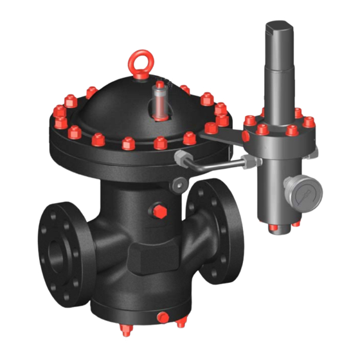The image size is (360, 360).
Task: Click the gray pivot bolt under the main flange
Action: [175, 185]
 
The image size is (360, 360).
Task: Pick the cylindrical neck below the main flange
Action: [125, 193]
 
